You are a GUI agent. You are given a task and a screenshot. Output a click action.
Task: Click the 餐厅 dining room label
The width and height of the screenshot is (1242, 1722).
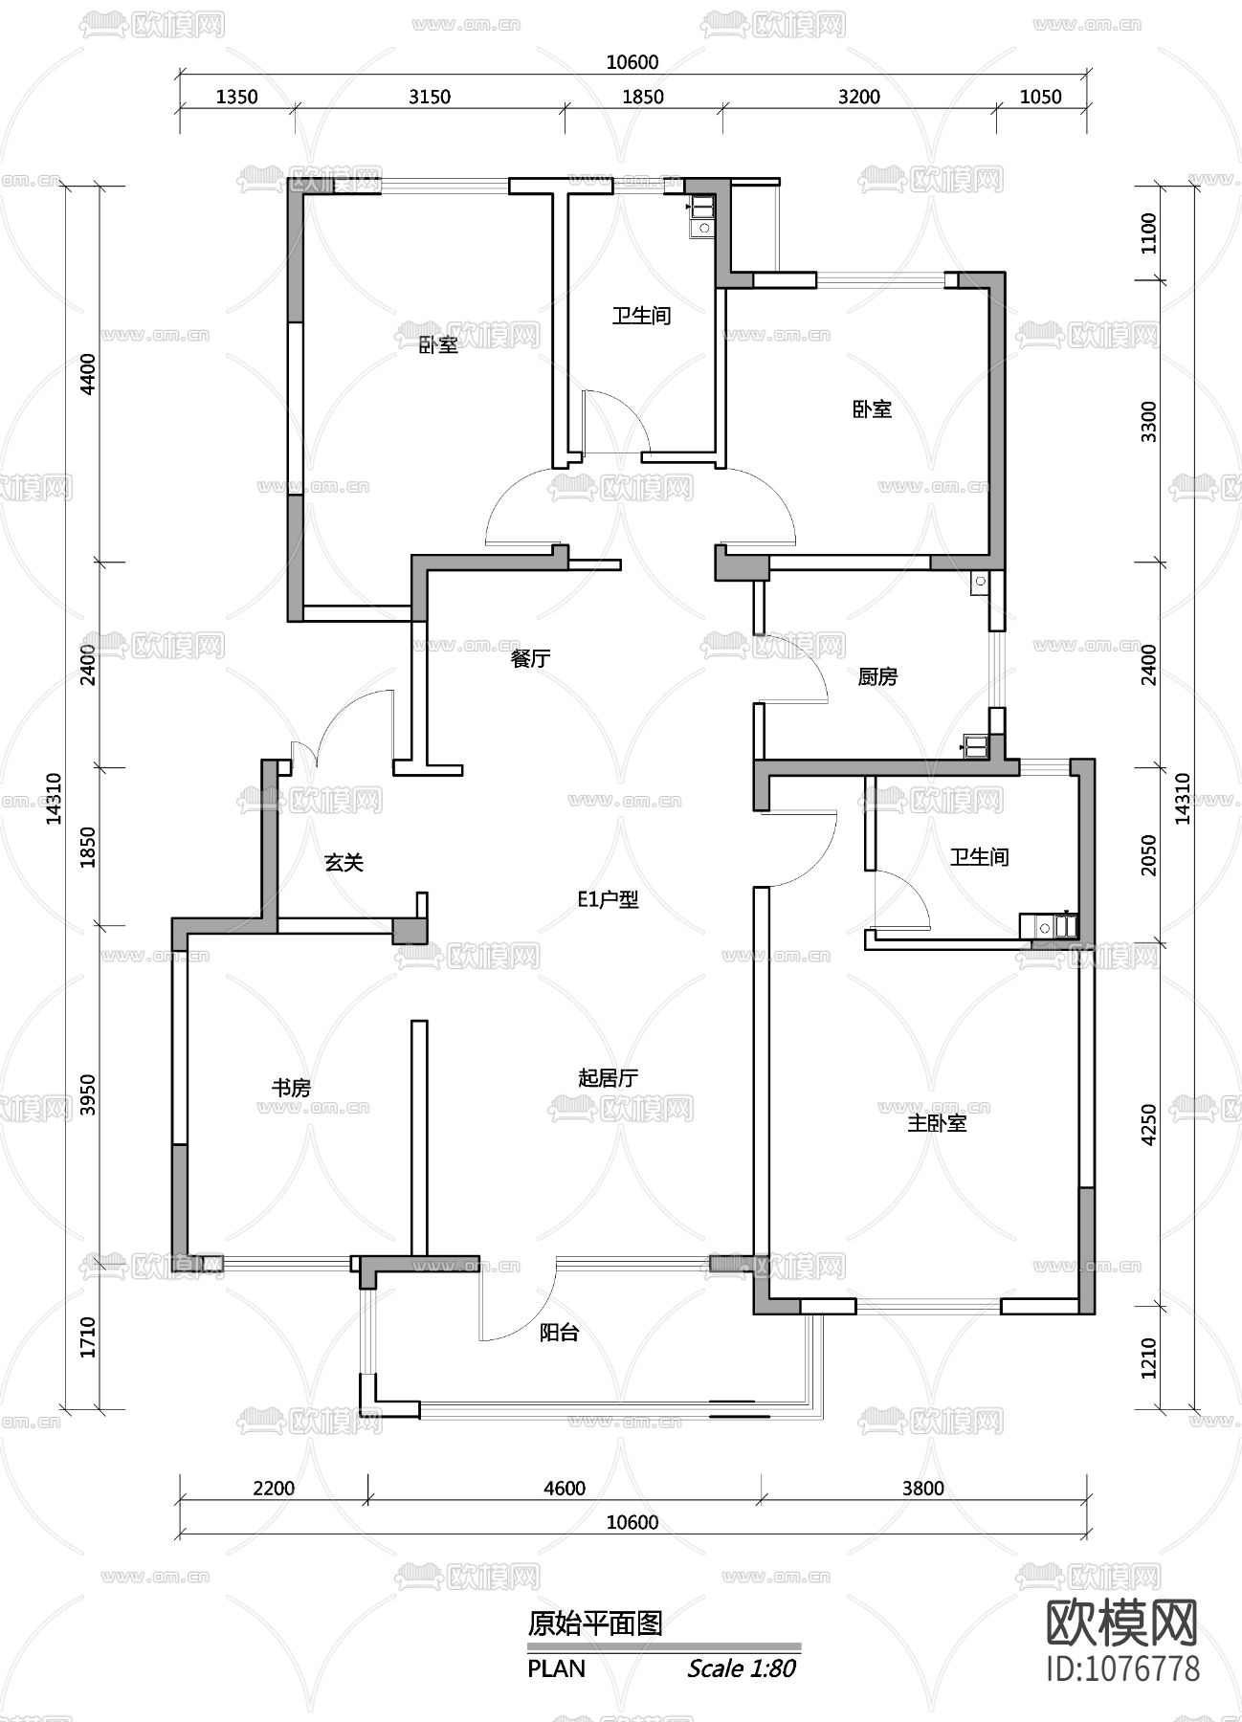[x=531, y=658]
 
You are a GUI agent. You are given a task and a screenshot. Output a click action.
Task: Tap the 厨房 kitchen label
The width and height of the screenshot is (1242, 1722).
[x=877, y=676]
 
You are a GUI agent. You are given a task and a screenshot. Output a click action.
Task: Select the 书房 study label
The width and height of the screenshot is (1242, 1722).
[x=292, y=1087]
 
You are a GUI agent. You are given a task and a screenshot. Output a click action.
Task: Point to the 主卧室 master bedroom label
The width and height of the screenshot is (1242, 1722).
[x=937, y=1123]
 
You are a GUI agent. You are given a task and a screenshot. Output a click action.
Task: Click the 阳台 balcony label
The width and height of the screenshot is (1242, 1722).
[x=559, y=1333]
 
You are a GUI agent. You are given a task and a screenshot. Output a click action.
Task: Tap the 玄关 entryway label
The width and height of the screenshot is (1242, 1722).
[x=344, y=862]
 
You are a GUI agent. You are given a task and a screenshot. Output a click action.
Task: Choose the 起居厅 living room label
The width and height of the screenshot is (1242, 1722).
[x=609, y=1077]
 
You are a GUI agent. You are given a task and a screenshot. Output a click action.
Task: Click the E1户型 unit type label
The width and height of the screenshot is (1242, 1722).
[x=608, y=899]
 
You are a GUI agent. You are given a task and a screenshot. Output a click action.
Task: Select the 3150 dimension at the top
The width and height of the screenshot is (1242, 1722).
[x=429, y=97]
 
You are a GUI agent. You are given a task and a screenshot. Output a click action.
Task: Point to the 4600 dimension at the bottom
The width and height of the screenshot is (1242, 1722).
[x=565, y=1488]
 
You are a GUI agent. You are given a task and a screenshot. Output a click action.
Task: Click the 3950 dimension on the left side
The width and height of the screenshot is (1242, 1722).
[x=88, y=1095]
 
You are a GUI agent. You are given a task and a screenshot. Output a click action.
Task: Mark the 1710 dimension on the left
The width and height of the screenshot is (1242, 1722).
[x=88, y=1337]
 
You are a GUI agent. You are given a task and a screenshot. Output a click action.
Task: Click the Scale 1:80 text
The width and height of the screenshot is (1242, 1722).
[x=742, y=1668]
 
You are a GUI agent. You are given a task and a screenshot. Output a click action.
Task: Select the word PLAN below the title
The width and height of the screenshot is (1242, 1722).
[x=556, y=1668]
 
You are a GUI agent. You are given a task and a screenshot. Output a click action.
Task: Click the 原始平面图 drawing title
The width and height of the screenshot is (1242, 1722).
[x=595, y=1623]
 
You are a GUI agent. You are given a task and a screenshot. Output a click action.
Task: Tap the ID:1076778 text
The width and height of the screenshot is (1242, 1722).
[x=1124, y=1669]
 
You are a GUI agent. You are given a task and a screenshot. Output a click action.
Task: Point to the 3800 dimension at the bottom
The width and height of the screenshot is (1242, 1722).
[x=922, y=1488]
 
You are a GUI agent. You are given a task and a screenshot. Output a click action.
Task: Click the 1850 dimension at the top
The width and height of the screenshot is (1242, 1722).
[x=642, y=97]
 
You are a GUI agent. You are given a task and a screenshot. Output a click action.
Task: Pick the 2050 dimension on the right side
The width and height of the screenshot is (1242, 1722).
[x=1149, y=854]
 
